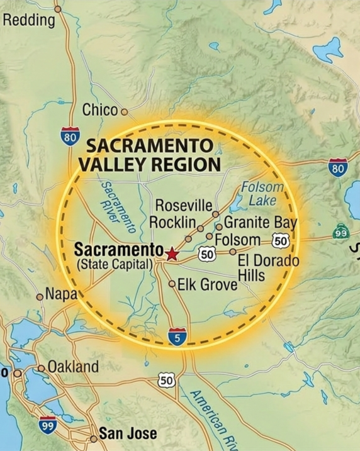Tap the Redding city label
(x=29, y=21)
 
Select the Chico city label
(x=100, y=111)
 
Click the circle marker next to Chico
(x=124, y=112)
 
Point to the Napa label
(x=60, y=294)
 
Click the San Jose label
(x=128, y=434)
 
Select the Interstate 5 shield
(x=177, y=337)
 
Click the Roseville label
(x=183, y=206)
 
